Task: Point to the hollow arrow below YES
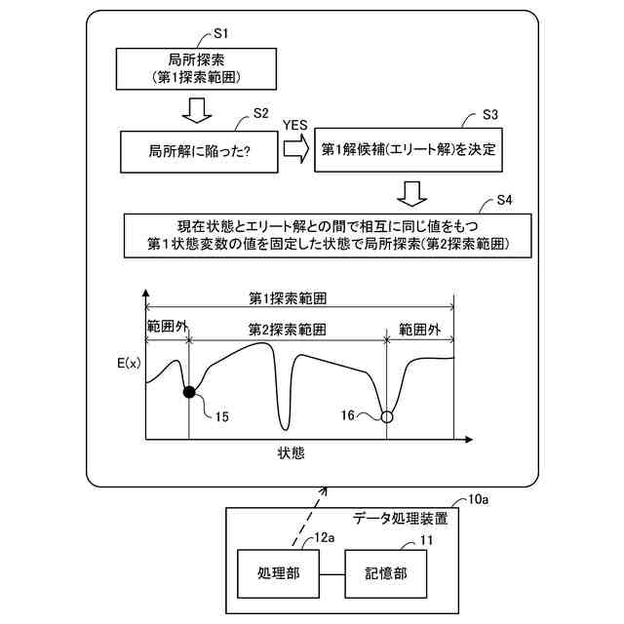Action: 295,149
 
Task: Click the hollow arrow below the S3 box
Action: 413,191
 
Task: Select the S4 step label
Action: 505,201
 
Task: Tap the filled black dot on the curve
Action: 189,392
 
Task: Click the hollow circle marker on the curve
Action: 387,416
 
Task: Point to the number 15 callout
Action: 222,416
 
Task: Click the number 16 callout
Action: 349,415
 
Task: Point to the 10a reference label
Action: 479,501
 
